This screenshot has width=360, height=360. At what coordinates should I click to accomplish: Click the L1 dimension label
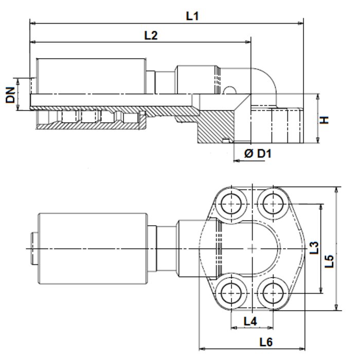(x=192, y=16)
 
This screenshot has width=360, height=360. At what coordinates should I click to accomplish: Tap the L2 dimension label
(x=151, y=35)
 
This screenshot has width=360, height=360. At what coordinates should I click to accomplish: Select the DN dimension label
(x=11, y=95)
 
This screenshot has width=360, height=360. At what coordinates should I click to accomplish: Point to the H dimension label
(x=325, y=120)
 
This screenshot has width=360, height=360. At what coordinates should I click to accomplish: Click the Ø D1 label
(x=258, y=153)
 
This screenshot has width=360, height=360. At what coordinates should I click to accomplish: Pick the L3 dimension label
(x=314, y=248)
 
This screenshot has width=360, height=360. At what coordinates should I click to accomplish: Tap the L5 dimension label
(x=329, y=261)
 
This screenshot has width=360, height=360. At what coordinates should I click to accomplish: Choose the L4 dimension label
(x=250, y=321)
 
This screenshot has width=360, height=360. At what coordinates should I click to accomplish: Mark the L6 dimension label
(x=266, y=342)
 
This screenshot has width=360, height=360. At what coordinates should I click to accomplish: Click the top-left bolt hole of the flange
(x=231, y=204)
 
